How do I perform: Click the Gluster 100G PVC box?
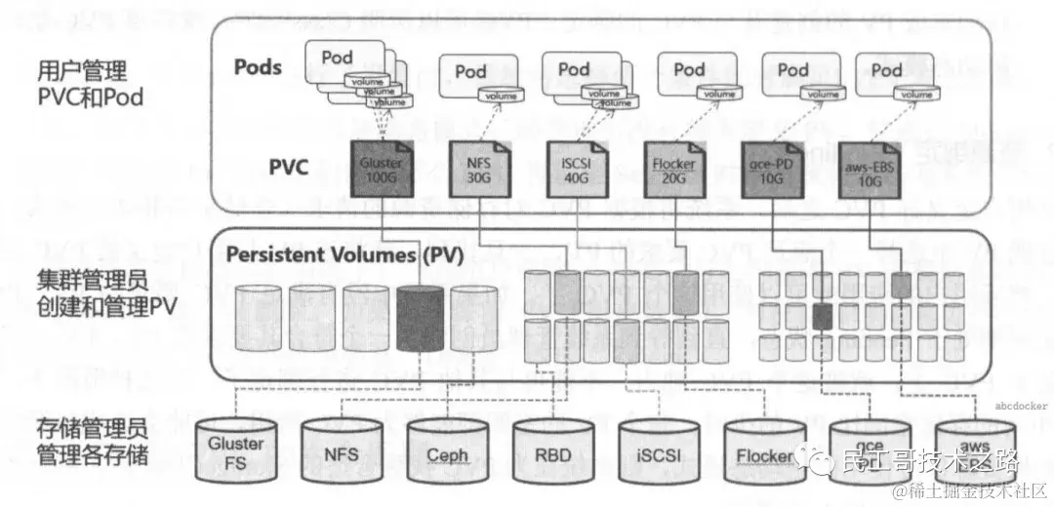379,170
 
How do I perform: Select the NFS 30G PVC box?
478,170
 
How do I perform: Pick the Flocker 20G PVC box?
671,170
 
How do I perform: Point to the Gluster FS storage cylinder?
236,449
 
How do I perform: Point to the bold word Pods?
258,68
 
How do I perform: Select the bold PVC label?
288,168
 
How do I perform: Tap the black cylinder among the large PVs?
421,319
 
